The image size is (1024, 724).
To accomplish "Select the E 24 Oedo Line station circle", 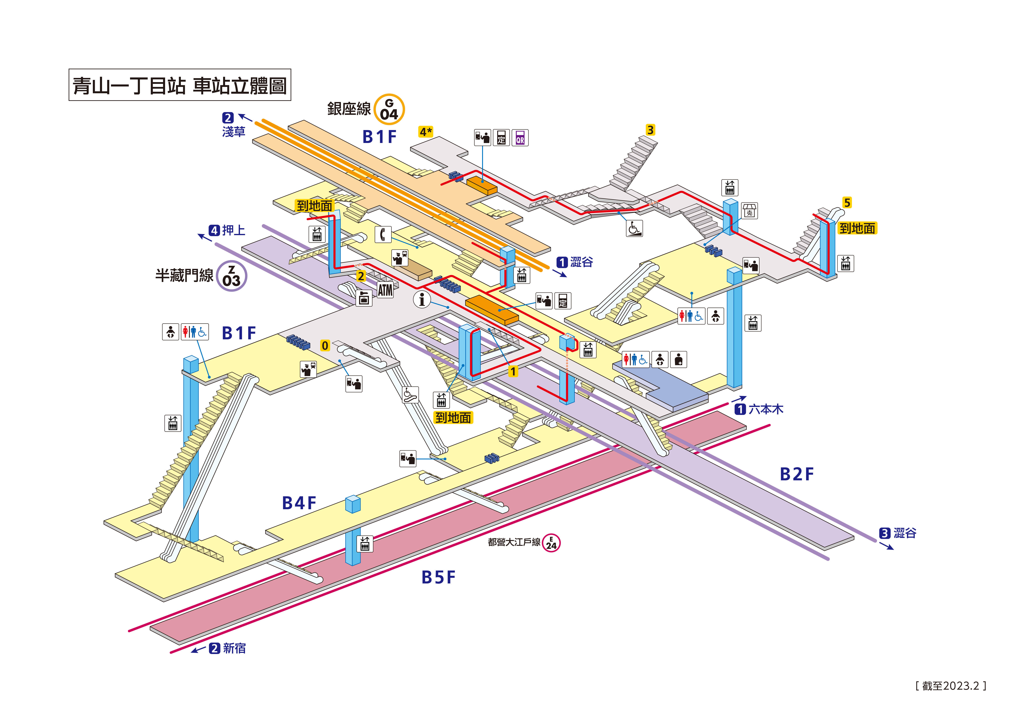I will coord(551,543).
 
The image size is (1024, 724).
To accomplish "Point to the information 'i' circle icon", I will coord(422,299).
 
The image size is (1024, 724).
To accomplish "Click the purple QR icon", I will coord(520,138).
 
